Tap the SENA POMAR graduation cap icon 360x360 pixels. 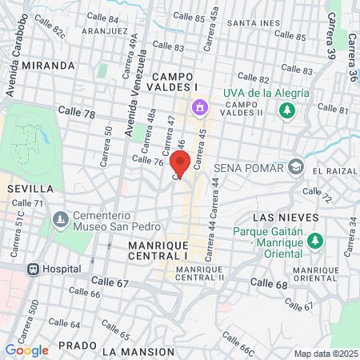[297, 167]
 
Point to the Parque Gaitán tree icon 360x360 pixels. [315, 239]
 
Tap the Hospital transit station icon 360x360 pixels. [34, 270]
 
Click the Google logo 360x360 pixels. [26, 350]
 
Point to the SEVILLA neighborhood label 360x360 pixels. [30, 188]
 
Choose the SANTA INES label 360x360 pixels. [254, 22]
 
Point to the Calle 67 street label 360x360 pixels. [110, 282]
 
